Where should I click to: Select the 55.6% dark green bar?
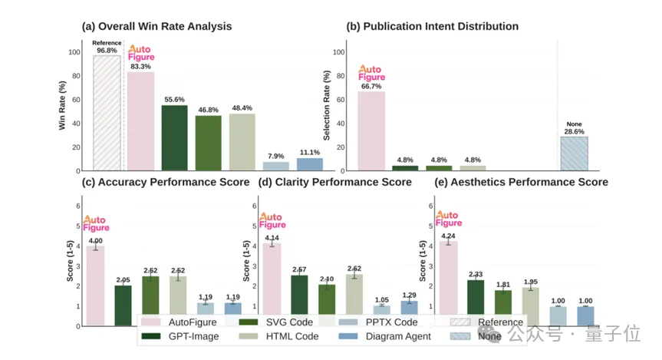click(x=174, y=138)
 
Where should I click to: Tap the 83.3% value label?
click(x=140, y=67)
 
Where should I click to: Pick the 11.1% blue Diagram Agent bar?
click(x=309, y=164)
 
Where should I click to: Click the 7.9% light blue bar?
click(x=276, y=166)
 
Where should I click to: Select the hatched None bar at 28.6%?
click(x=574, y=154)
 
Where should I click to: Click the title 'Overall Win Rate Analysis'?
click(x=156, y=27)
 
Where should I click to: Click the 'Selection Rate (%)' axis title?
click(x=327, y=106)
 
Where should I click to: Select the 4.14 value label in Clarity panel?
click(x=272, y=238)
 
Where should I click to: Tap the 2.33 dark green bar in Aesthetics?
click(x=476, y=302)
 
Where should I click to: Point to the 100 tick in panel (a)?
click(x=74, y=52)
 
